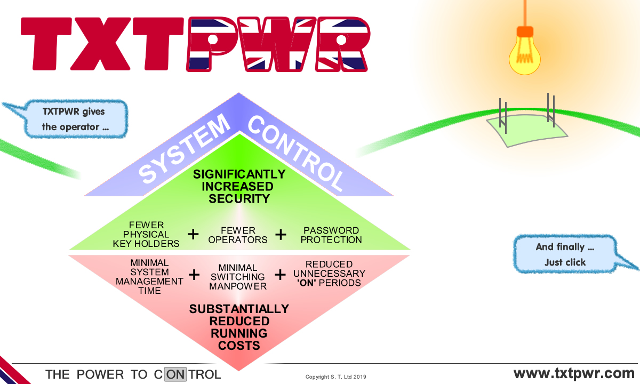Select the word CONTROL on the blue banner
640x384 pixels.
tap(296, 153)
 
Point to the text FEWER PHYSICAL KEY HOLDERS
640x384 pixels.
tap(146, 234)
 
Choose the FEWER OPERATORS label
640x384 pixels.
tap(238, 235)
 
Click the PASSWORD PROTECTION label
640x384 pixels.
tap(331, 235)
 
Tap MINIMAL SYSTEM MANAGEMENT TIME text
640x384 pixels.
tap(149, 277)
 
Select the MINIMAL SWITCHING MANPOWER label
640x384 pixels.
tap(238, 277)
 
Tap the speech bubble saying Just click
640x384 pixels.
tap(565, 255)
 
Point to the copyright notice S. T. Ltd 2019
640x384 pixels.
tap(336, 377)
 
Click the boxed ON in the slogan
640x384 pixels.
tap(175, 374)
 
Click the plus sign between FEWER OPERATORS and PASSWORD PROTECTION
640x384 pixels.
tap(281, 234)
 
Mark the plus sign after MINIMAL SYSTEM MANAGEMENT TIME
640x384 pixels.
tap(194, 275)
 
